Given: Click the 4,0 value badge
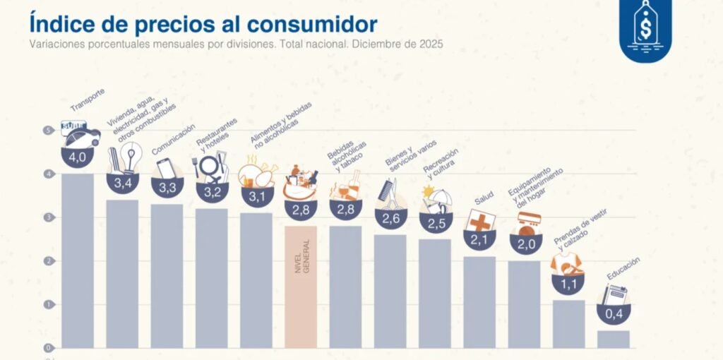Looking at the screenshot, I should click(x=77, y=156).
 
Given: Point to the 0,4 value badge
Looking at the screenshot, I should click(x=614, y=313).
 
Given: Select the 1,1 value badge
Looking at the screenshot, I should click(x=568, y=282).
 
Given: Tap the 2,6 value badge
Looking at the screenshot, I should click(x=390, y=217).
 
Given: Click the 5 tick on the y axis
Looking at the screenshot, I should click(x=47, y=131).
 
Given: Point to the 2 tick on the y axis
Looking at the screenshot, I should click(x=47, y=261).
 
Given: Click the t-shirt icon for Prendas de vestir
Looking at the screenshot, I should click(x=566, y=263).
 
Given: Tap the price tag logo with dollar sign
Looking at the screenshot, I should click(x=645, y=29).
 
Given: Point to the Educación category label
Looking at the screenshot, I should click(x=623, y=270).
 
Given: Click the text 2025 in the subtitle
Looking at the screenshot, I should click(x=429, y=44).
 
